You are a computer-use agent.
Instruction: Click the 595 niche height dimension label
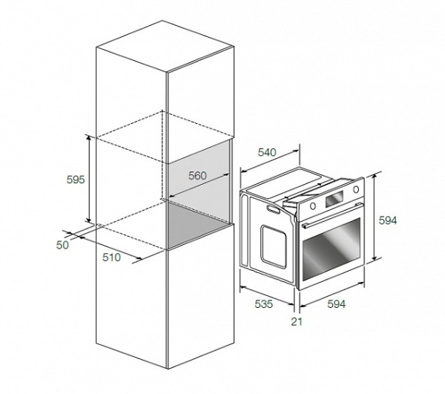point(76,180)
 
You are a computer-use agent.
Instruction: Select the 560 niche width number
point(197,176)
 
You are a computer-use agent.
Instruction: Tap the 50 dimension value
point(62,245)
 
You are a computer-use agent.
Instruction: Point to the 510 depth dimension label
point(111,257)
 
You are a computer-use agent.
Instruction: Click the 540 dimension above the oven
point(267,152)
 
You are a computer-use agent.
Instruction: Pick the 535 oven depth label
point(263,304)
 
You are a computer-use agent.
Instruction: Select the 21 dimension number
point(297,321)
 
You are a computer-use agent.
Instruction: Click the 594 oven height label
point(388,220)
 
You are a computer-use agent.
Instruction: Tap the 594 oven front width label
point(337,304)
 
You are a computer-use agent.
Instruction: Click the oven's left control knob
point(313,206)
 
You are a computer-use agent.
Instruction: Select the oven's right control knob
point(355,189)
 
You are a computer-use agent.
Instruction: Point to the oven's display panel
point(334,198)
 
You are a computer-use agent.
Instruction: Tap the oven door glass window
point(332,249)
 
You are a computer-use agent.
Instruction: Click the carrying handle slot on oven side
point(273,209)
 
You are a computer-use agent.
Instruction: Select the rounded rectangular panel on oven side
point(274,246)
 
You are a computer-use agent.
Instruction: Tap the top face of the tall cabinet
point(165,46)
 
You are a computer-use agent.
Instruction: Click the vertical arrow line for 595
point(89,180)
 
